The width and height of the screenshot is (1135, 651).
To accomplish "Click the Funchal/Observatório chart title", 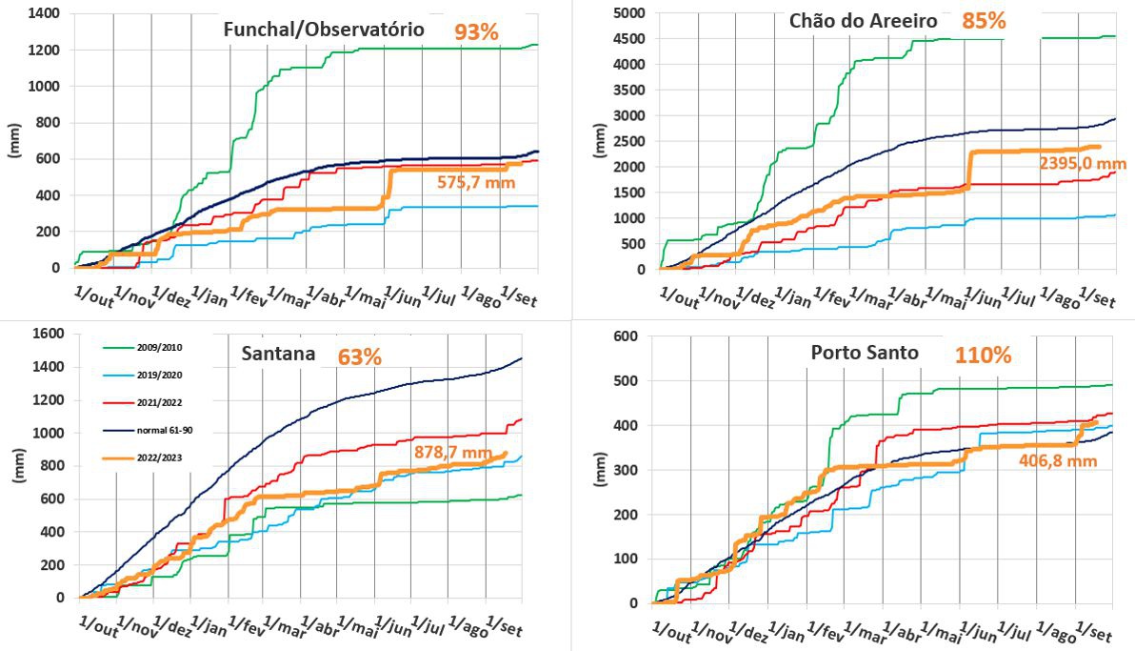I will tap(323, 30).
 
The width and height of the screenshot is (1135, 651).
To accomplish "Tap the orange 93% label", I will tap(476, 31).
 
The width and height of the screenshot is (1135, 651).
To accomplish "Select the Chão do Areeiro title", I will tap(863, 21).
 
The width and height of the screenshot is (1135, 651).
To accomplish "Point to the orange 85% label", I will tap(984, 20).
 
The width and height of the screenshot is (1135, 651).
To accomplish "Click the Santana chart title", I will tap(278, 355).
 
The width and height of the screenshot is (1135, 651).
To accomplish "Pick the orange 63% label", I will tap(359, 357).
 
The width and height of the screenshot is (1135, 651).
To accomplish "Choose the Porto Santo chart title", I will tap(865, 353).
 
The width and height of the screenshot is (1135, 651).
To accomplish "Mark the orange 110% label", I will tap(983, 356).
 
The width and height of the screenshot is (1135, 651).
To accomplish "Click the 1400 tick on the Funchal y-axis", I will tap(44, 13).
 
